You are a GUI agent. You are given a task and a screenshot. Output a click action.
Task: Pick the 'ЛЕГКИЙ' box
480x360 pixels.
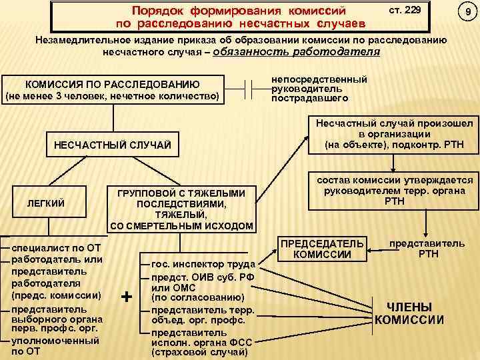tap(45, 202)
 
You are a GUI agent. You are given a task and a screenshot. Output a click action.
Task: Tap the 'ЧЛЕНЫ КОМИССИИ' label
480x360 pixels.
tap(409, 314)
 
